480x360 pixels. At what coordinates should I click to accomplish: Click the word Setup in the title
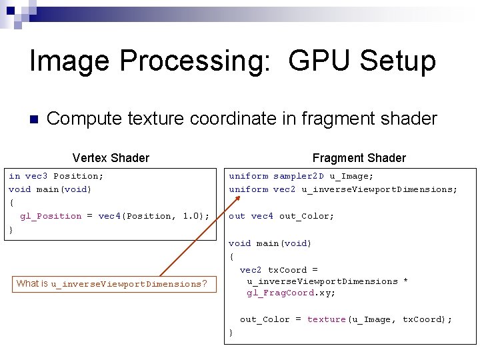coord(397,61)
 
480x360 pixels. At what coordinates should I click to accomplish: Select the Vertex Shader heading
coord(111,158)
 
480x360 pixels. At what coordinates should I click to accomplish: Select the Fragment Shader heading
coord(359,158)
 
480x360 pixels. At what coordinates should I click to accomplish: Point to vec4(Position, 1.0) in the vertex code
coord(153,216)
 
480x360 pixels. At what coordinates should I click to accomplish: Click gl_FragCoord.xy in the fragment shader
coord(291,293)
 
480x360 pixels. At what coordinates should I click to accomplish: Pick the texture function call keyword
coord(326,320)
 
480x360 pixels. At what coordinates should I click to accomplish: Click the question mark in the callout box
coord(205,284)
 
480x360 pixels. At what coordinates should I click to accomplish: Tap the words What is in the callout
coord(32,283)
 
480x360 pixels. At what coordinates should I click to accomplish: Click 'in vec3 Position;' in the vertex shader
coord(56,177)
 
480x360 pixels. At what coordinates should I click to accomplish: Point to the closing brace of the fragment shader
coord(231,332)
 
